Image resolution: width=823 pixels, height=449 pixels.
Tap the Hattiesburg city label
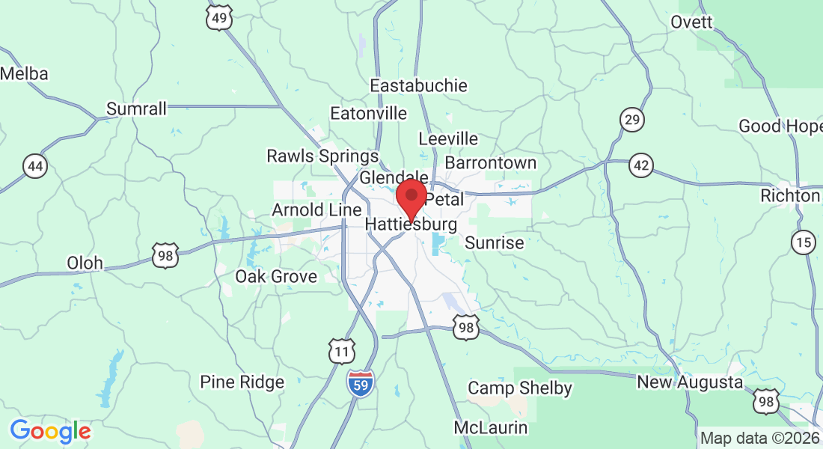pos(411,224)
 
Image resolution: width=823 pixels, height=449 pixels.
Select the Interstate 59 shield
pos(361,383)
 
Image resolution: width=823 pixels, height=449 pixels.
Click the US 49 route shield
pos(218,17)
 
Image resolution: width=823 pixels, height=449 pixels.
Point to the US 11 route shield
pos(342,351)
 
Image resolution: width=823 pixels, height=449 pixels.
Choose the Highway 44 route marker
pos(34,165)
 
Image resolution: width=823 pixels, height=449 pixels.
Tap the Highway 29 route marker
pos(632,119)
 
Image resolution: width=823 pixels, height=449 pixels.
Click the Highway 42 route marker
pos(640,166)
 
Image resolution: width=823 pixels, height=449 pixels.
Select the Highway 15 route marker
pos(804,242)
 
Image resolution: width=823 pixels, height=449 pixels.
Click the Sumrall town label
pos(136,109)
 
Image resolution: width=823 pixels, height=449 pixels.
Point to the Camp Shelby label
pos(520,388)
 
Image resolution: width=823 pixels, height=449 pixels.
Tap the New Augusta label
pos(690,382)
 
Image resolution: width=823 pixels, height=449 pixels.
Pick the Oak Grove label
pos(276,276)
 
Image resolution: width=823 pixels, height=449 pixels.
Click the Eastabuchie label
pos(419,86)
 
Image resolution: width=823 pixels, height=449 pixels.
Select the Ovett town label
pos(691,22)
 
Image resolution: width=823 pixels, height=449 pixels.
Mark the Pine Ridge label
pos(242,382)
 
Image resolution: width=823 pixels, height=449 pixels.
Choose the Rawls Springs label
pos(323,156)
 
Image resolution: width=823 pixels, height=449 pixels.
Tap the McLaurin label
pos(491,428)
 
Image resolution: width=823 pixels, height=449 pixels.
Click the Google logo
pos(50,431)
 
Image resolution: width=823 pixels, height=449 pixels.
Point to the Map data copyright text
pos(759,439)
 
